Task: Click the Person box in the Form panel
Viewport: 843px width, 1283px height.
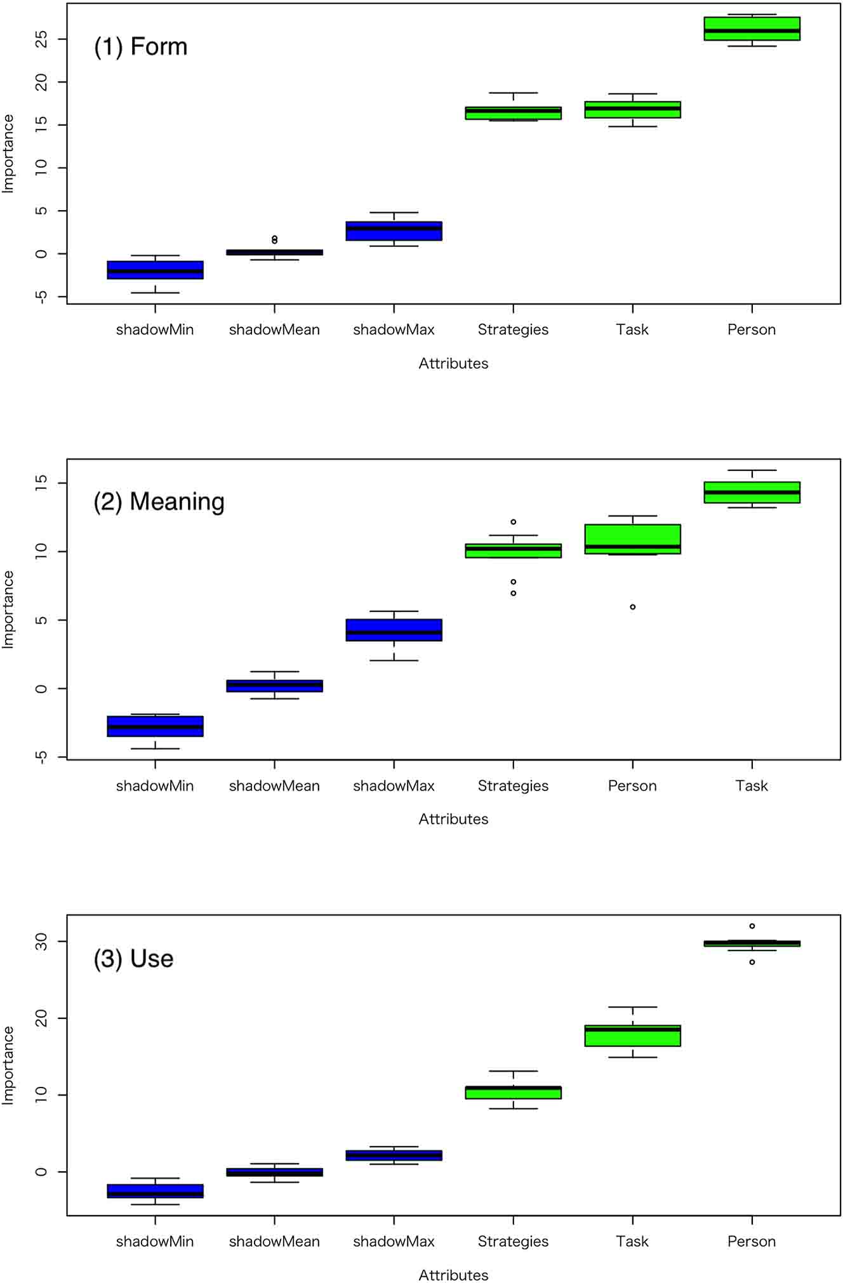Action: pyautogui.click(x=752, y=29)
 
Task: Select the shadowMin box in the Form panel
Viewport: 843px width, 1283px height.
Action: pyautogui.click(x=155, y=270)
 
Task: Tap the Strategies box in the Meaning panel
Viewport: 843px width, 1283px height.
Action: pyautogui.click(x=513, y=550)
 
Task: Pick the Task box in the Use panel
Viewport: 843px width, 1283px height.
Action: pyautogui.click(x=632, y=1035)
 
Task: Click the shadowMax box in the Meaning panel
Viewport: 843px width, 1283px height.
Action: pyautogui.click(x=394, y=630)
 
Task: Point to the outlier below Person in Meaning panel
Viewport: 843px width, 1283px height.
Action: pyautogui.click(x=632, y=607)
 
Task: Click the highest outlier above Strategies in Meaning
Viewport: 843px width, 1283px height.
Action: pyautogui.click(x=513, y=522)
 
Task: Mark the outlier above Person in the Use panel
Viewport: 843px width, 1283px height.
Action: pyautogui.click(x=752, y=926)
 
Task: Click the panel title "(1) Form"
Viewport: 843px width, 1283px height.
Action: pyautogui.click(x=140, y=47)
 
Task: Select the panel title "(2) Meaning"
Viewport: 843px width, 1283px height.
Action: pyautogui.click(x=159, y=502)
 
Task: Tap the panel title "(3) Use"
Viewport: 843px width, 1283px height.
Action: pyautogui.click(x=133, y=959)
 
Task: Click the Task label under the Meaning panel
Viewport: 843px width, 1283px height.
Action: pyautogui.click(x=752, y=786)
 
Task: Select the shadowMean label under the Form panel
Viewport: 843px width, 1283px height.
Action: pyautogui.click(x=274, y=329)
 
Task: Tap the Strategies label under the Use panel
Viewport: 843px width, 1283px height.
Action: pyautogui.click(x=513, y=1241)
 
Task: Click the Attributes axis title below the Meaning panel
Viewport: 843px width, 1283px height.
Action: pyautogui.click(x=453, y=819)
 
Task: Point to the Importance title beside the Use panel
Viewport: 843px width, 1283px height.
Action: pyautogui.click(x=8, y=1065)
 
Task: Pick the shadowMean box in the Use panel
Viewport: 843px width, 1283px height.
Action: pyautogui.click(x=274, y=1172)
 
